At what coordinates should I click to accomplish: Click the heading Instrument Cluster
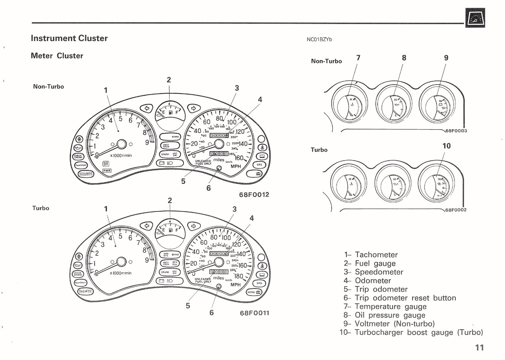coord(69,38)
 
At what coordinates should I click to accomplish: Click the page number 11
coord(479,347)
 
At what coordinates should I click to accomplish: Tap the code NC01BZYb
coord(319,39)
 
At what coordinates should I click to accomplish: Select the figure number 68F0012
coord(254,195)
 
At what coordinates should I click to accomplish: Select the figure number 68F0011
coord(254,313)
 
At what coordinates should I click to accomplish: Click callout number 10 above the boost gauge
coord(446,146)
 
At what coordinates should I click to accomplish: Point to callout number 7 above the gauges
coord(358,58)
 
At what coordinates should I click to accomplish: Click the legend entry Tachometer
coord(376,255)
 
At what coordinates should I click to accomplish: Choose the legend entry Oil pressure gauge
coord(390,315)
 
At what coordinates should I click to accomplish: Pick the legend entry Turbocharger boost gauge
coord(418,332)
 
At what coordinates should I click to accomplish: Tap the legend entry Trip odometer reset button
coord(405,298)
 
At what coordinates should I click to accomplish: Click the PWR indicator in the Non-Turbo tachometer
coord(107,171)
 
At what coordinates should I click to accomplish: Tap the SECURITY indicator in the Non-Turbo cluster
coord(85,174)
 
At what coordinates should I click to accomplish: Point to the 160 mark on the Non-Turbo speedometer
coord(238,158)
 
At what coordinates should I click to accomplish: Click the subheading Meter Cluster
coord(57,56)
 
